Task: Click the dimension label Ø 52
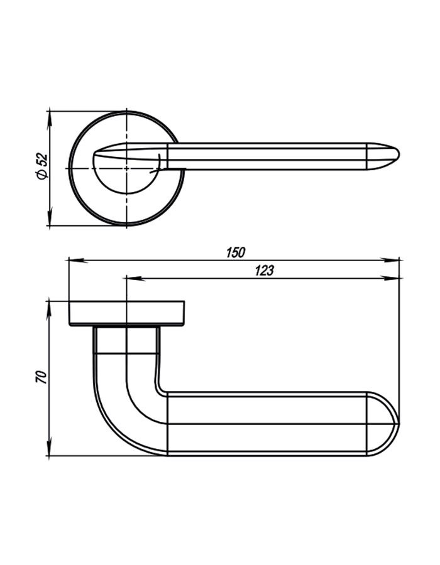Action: click(42, 166)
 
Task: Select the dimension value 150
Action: click(236, 252)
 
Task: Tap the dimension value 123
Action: click(265, 271)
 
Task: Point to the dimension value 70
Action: click(42, 377)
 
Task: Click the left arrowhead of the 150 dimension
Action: click(77, 260)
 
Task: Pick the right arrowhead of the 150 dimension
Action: click(390, 260)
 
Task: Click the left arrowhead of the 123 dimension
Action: click(136, 278)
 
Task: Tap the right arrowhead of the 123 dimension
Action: click(390, 278)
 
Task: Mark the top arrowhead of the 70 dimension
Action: click(48, 310)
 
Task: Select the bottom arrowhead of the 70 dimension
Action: click(48, 447)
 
